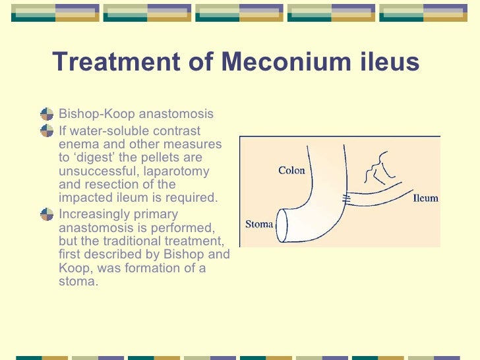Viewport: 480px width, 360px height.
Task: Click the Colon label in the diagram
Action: pyautogui.click(x=291, y=171)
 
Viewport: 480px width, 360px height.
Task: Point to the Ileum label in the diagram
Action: pyautogui.click(x=425, y=198)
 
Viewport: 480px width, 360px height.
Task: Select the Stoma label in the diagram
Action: pyautogui.click(x=259, y=224)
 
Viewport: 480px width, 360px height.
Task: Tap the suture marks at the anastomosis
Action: pyautogui.click(x=345, y=196)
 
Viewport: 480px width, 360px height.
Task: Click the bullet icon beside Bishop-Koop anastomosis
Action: pyautogui.click(x=46, y=114)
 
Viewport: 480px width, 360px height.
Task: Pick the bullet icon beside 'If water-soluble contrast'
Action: pyautogui.click(x=46, y=129)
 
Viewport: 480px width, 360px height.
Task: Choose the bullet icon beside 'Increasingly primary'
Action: pyautogui.click(x=46, y=214)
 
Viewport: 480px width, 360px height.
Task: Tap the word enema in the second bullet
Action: pyautogui.click(x=76, y=144)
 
